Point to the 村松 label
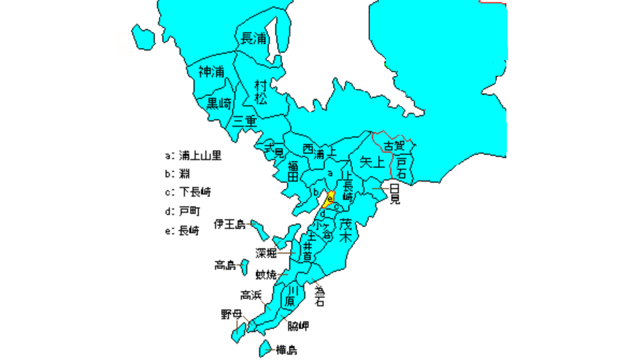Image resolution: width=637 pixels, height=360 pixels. coord(261,92)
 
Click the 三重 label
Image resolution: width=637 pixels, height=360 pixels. coord(245,122)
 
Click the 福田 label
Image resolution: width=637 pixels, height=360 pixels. coord(292,170)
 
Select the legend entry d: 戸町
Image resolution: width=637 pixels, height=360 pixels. coord(182,211)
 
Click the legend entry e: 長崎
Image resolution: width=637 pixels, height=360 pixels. coord(182,231)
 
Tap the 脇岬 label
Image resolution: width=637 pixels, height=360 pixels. coord(298,326)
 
